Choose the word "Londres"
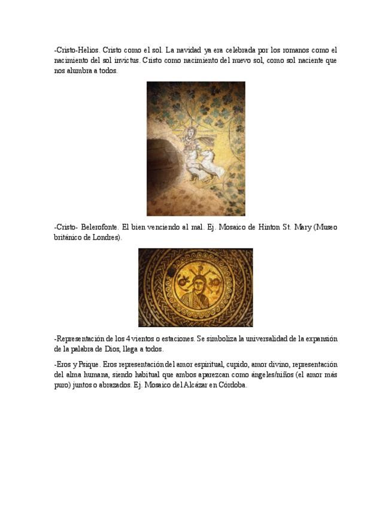(105, 237)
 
